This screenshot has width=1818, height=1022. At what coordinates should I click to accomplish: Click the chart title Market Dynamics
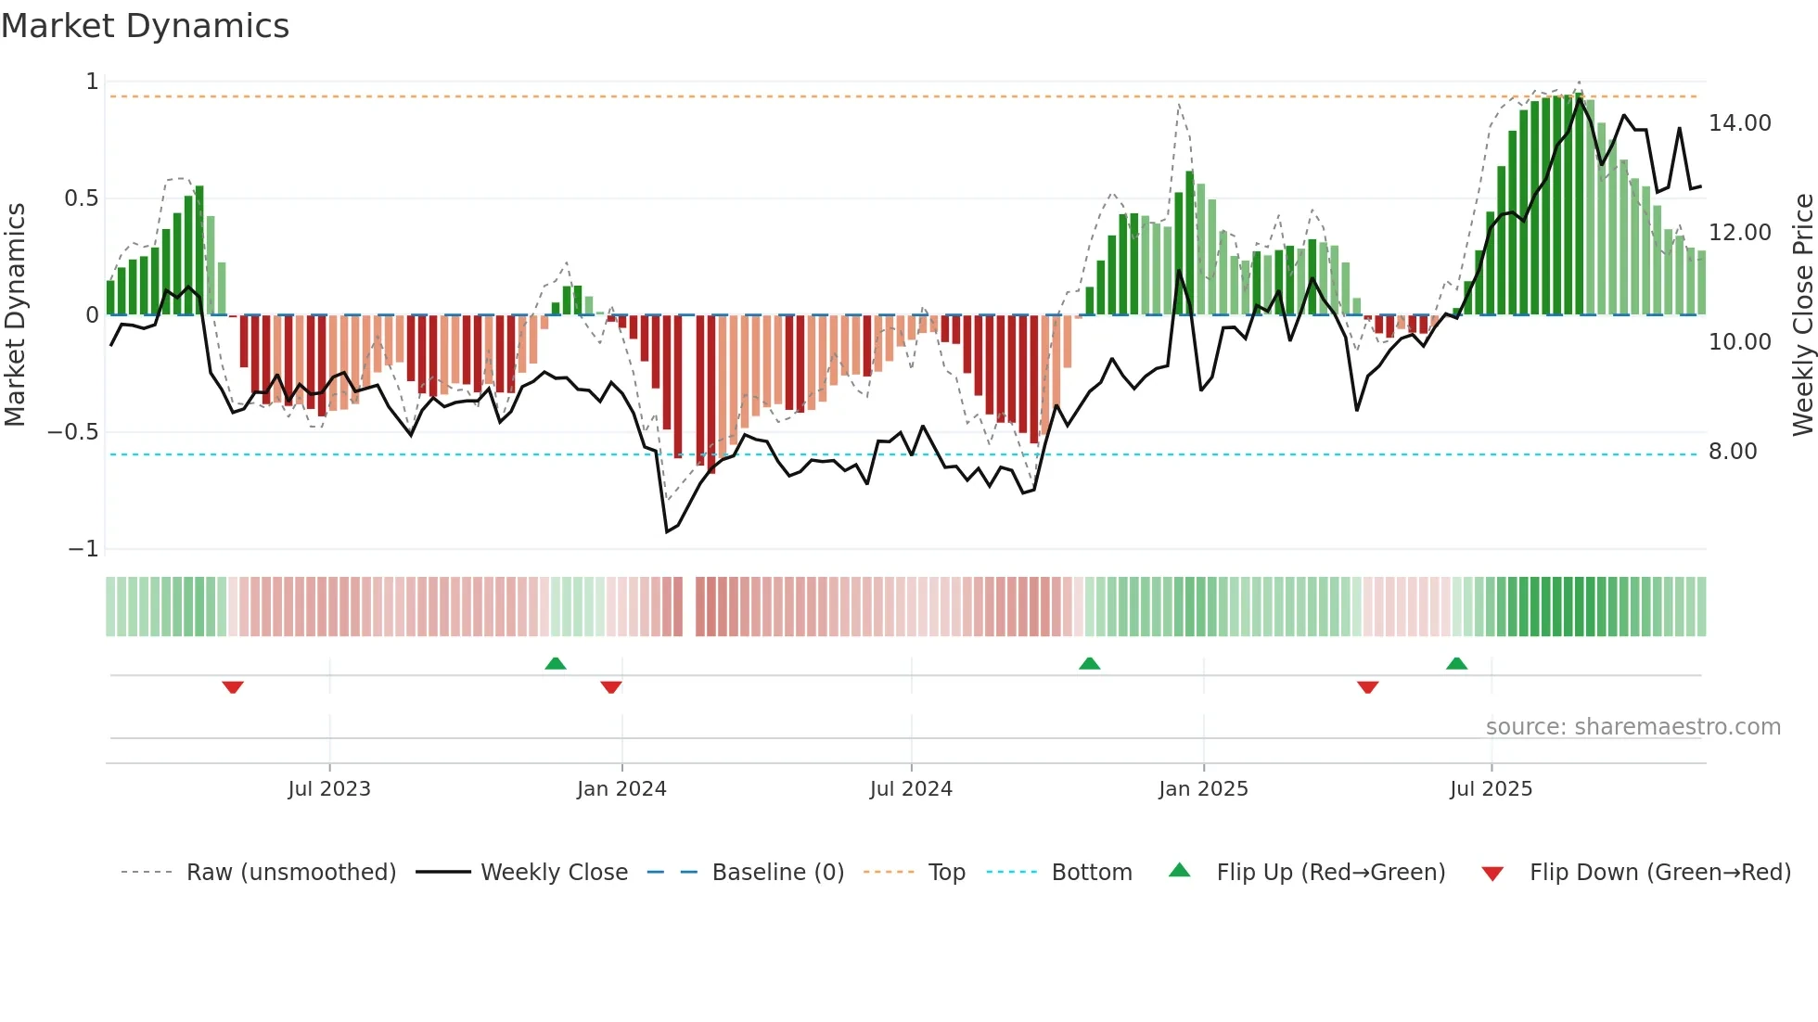(146, 26)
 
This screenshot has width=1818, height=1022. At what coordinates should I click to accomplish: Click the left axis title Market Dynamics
(16, 314)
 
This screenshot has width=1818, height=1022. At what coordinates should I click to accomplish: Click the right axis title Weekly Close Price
(1802, 314)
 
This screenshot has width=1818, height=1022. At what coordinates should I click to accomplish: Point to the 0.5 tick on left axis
(81, 198)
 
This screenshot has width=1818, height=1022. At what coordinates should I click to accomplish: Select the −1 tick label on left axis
(83, 549)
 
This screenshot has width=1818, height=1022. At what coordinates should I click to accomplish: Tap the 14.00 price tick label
(1739, 123)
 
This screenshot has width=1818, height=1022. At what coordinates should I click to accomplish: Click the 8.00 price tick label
(1732, 452)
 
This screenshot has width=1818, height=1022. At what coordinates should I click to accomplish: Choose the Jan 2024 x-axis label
(621, 789)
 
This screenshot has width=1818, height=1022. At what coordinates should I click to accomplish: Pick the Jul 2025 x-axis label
(1491, 789)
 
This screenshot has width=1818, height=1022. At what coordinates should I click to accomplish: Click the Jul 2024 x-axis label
(911, 789)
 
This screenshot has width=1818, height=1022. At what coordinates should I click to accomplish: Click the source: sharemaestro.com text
(1632, 727)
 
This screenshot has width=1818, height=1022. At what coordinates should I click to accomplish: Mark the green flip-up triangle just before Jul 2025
(1456, 664)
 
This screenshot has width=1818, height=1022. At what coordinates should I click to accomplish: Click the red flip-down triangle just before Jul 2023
(233, 686)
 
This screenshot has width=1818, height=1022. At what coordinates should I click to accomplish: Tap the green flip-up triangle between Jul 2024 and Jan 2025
(1090, 664)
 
